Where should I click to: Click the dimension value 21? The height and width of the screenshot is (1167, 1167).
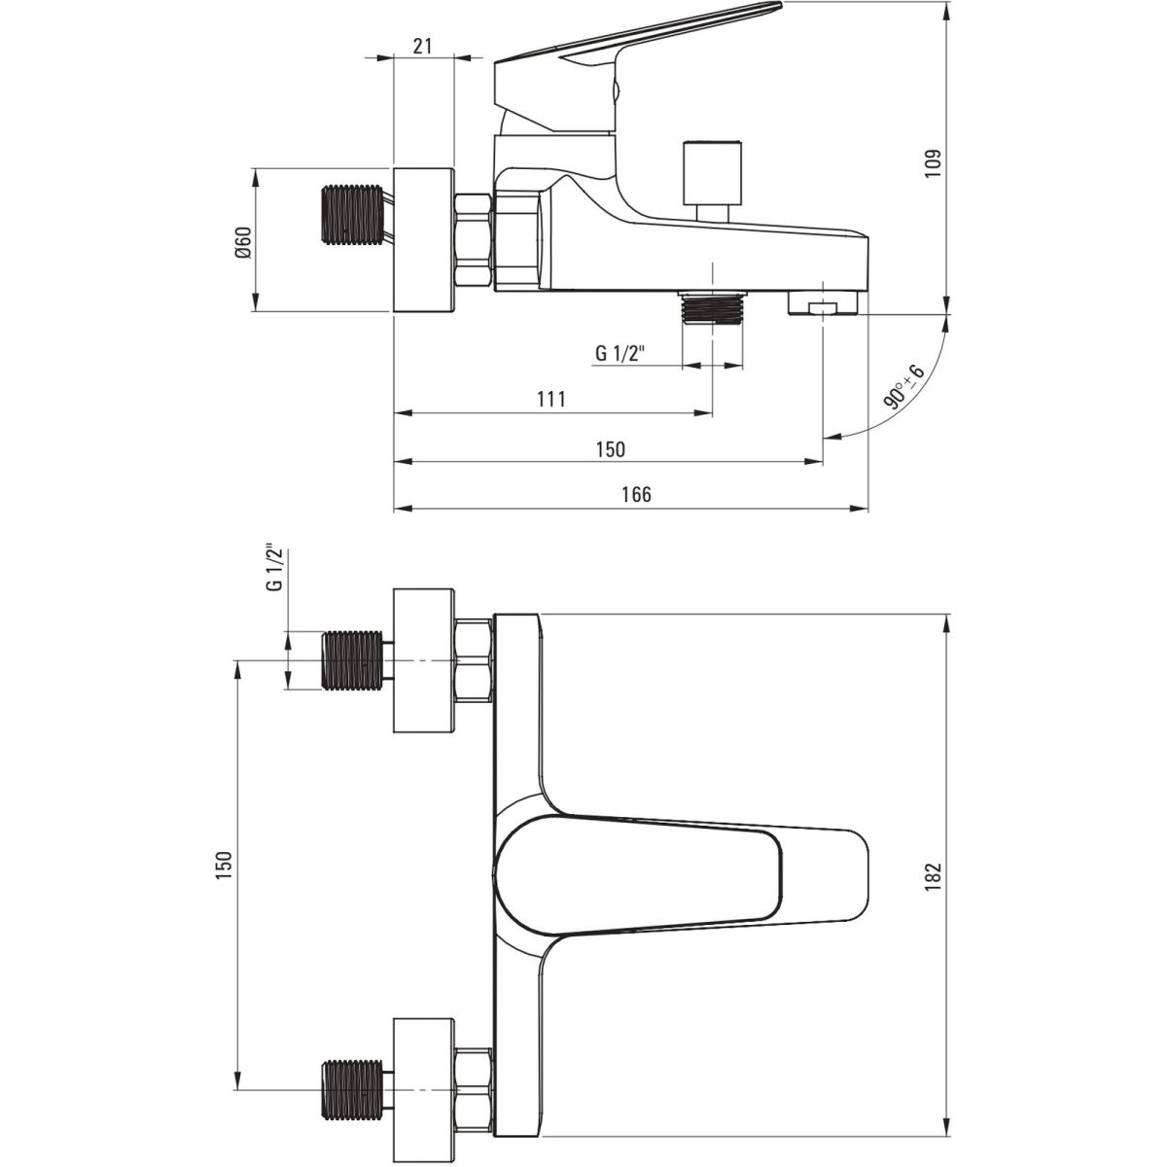click(x=423, y=46)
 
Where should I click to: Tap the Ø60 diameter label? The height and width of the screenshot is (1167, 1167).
click(x=243, y=243)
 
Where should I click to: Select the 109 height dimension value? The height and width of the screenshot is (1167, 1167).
click(x=935, y=163)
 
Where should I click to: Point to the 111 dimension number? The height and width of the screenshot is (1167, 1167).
click(x=551, y=399)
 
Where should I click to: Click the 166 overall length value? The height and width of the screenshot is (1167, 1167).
click(x=636, y=495)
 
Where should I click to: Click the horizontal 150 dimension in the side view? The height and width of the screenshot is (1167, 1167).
click(x=610, y=449)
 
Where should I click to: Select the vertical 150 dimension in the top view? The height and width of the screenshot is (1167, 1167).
click(x=224, y=866)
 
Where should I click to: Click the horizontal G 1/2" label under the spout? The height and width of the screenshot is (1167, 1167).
click(x=620, y=352)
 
